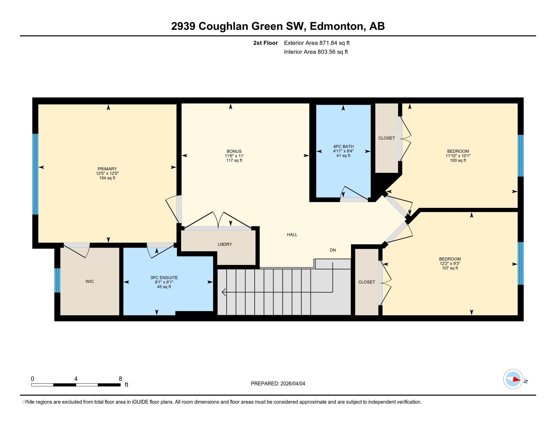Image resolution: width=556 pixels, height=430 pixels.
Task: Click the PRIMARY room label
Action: [107, 169]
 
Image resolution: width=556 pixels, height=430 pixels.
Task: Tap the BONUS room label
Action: [234, 151]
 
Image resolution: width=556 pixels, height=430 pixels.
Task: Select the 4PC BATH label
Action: [343, 146]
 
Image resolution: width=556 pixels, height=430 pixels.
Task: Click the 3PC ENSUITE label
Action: [164, 278]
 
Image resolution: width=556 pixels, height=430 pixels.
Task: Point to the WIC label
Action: [90, 282]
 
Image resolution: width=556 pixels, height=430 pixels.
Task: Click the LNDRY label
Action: [225, 244]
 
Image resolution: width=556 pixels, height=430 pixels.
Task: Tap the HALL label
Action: [292, 235]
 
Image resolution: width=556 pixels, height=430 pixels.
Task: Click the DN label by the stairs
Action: [333, 250]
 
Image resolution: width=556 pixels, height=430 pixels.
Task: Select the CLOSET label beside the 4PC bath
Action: [386, 138]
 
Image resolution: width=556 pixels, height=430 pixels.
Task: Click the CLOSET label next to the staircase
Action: [367, 282]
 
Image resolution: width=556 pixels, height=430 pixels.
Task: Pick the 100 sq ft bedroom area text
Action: [458, 160]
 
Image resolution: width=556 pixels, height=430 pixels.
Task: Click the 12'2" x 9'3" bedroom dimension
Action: [450, 264]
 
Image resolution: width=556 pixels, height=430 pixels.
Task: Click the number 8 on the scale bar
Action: [120, 379]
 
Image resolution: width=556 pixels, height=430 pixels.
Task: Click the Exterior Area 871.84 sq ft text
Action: [317, 43]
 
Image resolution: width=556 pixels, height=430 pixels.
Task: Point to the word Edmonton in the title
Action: [336, 26]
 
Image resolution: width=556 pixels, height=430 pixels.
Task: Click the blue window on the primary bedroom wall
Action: [35, 174]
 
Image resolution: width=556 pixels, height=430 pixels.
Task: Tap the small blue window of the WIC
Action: [58, 280]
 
